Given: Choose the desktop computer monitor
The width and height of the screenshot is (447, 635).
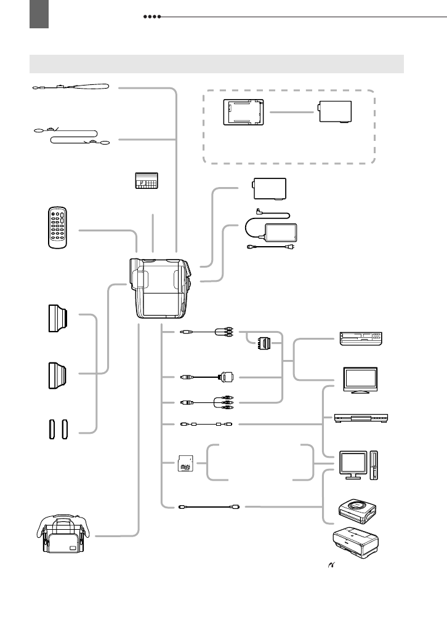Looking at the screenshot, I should (354, 463).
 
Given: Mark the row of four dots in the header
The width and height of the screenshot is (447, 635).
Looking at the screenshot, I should (151, 17).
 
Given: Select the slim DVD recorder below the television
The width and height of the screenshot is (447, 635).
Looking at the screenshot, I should (361, 418).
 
